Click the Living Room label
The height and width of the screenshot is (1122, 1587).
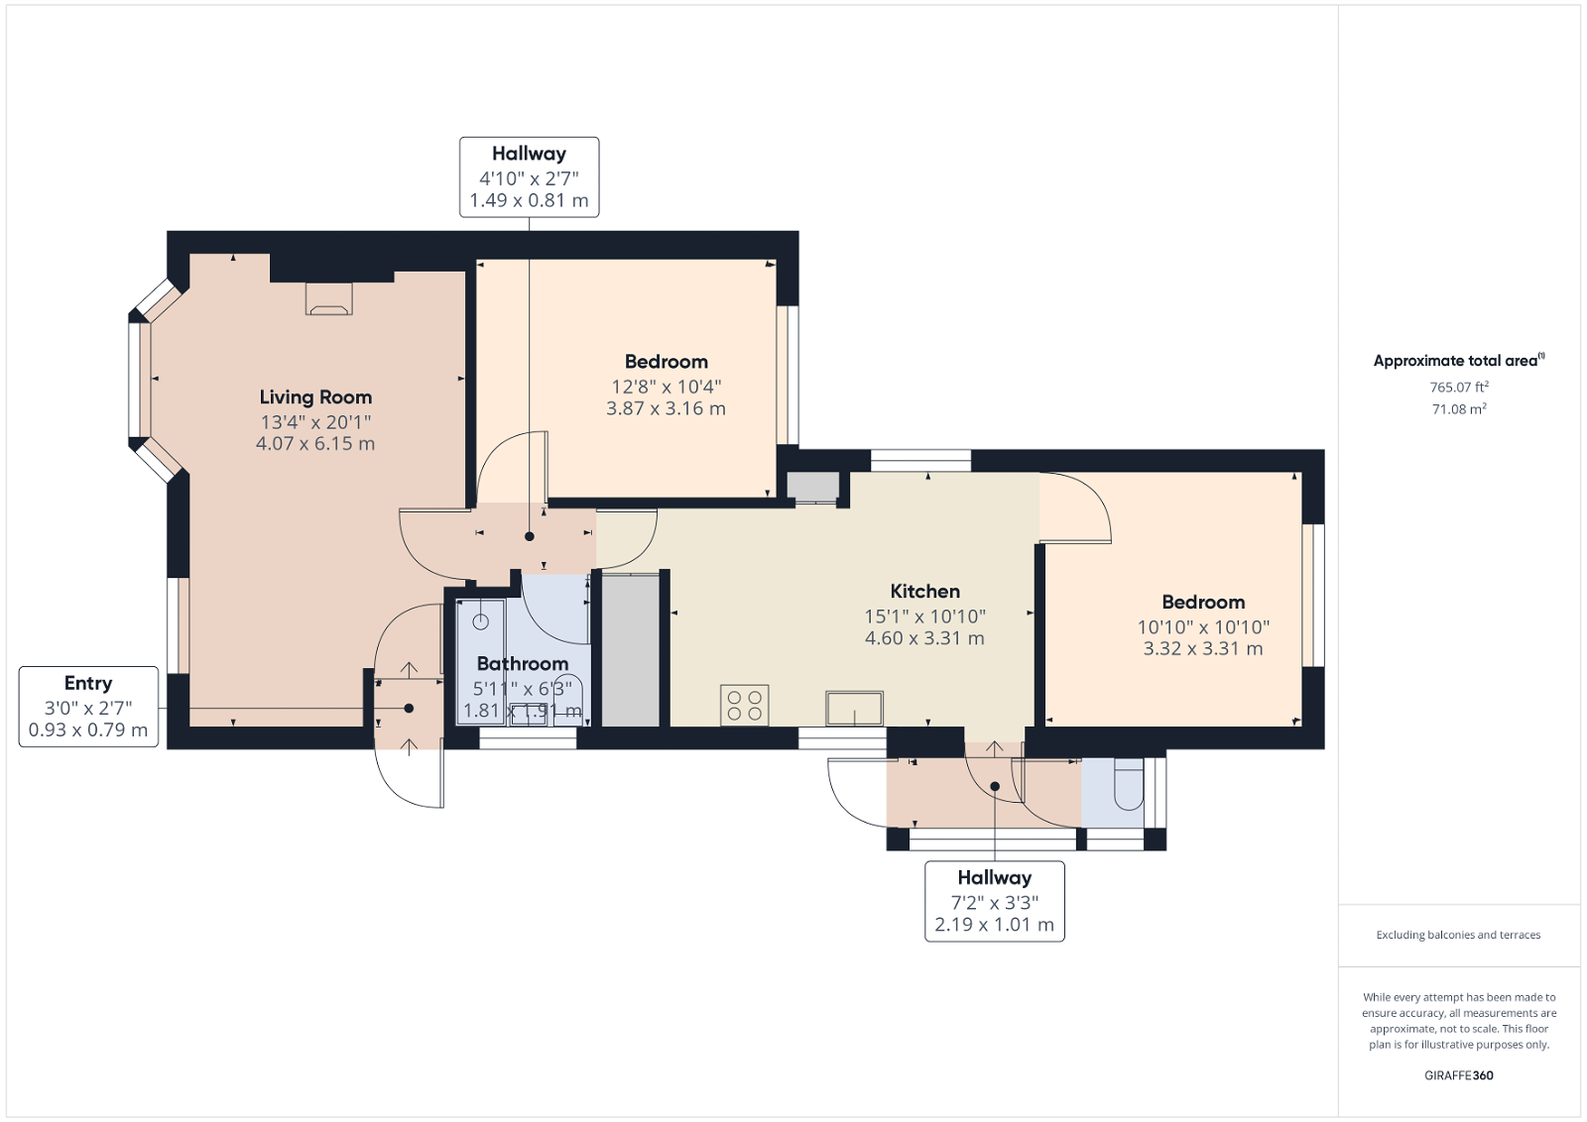tap(315, 397)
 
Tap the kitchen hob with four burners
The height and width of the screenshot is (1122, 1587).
tap(744, 705)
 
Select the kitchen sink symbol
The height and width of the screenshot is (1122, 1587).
tap(854, 708)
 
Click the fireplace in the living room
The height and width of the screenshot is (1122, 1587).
tap(329, 298)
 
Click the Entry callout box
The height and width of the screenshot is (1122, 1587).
tap(88, 706)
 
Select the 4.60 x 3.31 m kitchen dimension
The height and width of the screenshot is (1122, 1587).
tap(924, 638)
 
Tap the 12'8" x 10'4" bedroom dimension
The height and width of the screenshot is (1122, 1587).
tap(666, 387)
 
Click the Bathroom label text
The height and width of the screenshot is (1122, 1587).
tap(522, 664)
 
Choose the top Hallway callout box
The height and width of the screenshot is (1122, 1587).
tap(529, 176)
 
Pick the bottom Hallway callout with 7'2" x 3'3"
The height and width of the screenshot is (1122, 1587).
tap(994, 901)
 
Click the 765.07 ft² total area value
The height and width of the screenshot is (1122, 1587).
tap(1458, 388)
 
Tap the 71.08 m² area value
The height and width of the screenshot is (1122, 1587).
tap(1458, 409)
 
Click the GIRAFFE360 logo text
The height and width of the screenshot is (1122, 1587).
tap(1458, 1075)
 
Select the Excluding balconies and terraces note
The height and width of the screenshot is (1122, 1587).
tap(1458, 935)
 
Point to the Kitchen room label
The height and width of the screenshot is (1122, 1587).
tap(924, 592)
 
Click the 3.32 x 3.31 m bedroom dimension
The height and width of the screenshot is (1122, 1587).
tap(1202, 649)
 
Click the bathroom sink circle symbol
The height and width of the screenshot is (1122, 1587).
tap(481, 622)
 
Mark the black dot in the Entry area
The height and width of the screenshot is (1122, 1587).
tap(409, 708)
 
